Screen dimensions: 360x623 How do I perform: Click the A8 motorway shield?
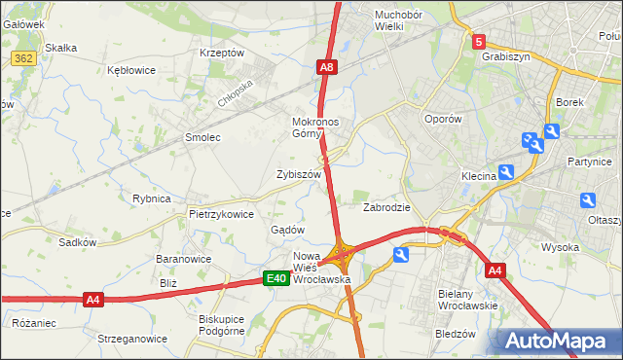[327, 67]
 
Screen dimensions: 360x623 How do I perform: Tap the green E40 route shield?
[276, 279]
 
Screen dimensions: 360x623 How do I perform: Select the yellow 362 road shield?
[24, 59]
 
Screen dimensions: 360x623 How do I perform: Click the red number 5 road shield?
[479, 42]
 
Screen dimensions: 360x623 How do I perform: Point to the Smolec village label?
[202, 138]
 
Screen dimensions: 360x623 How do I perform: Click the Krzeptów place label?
[220, 53]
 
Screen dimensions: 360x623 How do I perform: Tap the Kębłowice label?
[133, 70]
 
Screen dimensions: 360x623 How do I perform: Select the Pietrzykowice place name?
[221, 214]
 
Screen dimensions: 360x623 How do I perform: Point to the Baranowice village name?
[185, 260]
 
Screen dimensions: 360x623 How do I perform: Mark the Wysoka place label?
[561, 247]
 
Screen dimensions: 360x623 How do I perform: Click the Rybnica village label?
[151, 198]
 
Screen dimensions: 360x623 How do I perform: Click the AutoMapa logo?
[560, 341]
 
